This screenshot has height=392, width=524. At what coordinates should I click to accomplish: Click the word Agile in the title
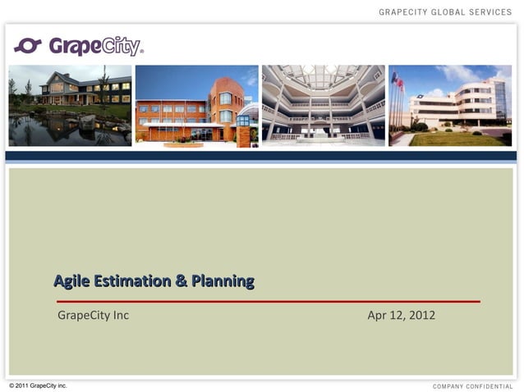click(71, 281)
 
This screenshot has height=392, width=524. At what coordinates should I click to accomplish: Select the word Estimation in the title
click(132, 281)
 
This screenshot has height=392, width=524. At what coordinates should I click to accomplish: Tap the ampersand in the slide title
click(181, 281)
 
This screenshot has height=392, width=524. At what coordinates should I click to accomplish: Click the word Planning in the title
click(222, 281)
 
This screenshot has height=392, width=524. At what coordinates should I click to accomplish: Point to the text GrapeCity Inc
click(93, 315)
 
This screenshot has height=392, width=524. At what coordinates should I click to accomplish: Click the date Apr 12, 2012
click(401, 315)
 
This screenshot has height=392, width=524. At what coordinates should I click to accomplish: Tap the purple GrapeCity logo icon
click(28, 46)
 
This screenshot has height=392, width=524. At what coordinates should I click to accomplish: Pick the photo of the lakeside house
click(70, 105)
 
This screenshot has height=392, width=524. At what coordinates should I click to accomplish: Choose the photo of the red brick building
click(196, 106)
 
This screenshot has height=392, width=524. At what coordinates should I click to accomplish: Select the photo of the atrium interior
click(323, 106)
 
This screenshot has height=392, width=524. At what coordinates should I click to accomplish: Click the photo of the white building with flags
click(450, 106)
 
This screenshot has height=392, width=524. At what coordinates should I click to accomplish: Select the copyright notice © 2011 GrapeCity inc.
click(38, 385)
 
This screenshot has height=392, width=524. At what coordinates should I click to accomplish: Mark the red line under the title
click(267, 301)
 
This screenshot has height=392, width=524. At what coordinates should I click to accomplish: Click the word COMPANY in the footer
click(448, 386)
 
